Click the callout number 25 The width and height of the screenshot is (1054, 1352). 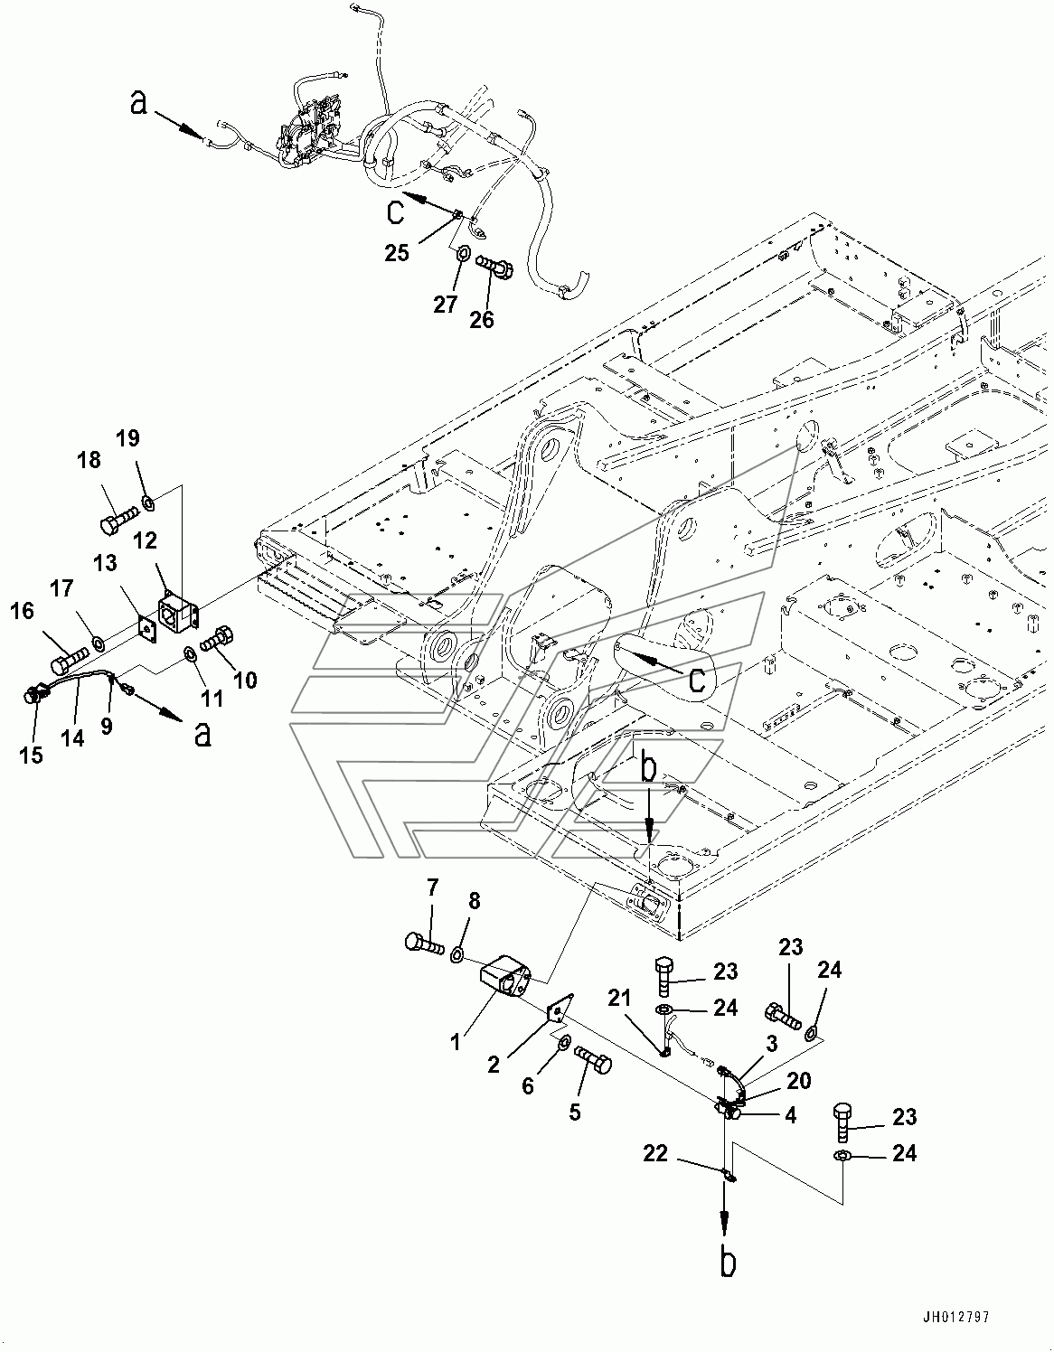tap(397, 252)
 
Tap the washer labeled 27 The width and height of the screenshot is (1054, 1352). tap(460, 254)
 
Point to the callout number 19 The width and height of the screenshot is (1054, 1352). tap(128, 439)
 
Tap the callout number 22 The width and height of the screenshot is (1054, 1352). tap(657, 1152)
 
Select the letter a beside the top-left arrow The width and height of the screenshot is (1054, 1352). tap(138, 105)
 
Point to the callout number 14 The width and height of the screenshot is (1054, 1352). tap(73, 737)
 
